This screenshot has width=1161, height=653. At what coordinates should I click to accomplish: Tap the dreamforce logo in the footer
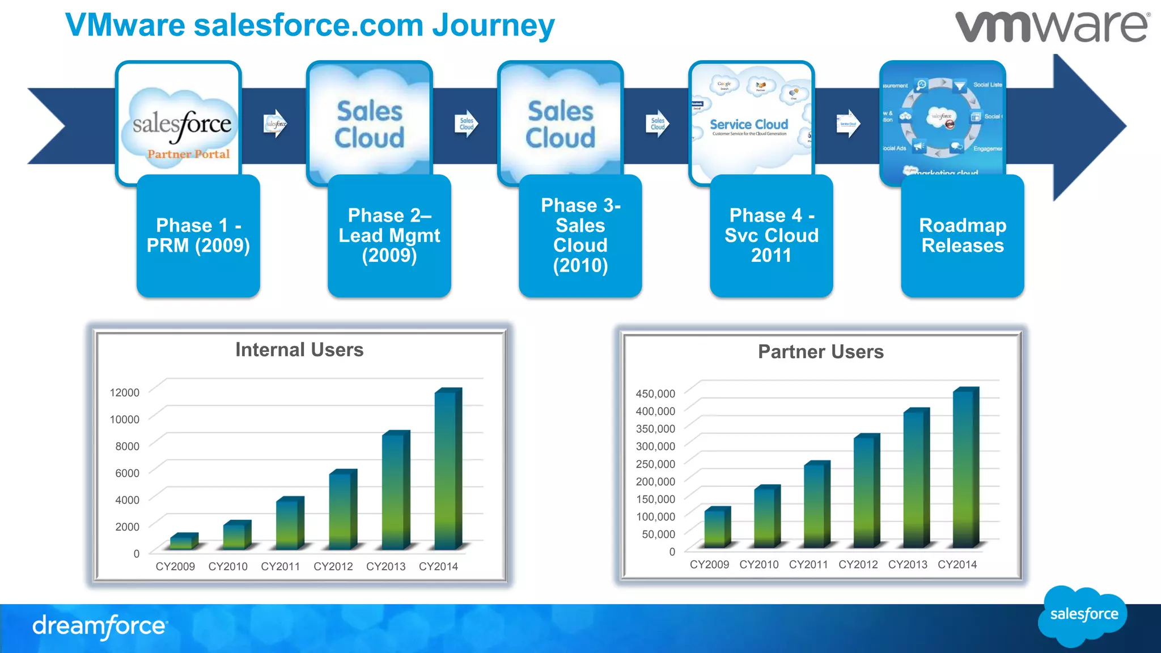100,626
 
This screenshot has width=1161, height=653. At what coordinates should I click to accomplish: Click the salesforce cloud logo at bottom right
1083,616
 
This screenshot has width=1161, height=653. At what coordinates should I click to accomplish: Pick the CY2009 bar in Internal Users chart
184,541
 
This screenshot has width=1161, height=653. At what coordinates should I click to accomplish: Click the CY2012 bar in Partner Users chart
865,492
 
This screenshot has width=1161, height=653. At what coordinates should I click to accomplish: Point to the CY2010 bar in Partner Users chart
766,517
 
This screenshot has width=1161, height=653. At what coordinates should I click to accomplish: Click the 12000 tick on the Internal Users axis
125,392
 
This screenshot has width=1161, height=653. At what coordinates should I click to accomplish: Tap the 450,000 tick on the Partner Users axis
655,393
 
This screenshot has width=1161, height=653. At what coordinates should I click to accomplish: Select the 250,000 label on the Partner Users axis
655,464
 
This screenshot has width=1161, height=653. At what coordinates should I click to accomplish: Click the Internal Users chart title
299,350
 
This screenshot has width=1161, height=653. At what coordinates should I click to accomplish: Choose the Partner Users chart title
820,352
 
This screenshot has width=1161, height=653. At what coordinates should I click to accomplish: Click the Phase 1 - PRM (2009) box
198,236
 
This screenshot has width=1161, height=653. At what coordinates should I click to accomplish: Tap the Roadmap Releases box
962,236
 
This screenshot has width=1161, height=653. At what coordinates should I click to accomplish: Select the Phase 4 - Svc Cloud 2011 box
771,236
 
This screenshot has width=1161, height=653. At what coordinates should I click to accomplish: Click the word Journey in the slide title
493,26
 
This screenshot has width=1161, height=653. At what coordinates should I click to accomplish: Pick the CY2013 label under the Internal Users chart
385,566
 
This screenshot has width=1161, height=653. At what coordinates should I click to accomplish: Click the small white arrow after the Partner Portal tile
276,124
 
